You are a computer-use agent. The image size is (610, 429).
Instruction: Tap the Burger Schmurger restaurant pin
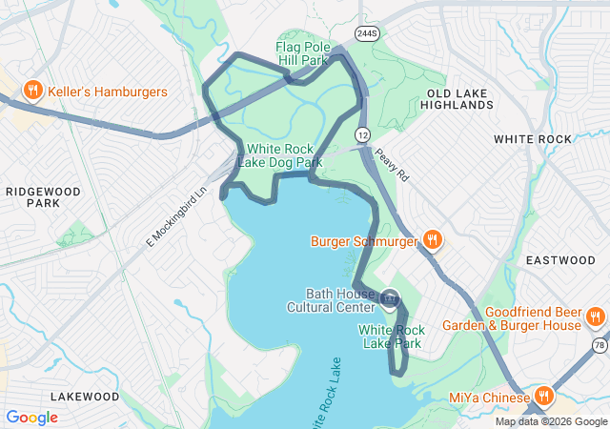(432, 240)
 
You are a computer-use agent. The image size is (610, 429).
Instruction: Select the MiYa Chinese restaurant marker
(543, 397)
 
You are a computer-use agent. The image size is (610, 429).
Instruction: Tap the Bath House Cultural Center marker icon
(390, 299)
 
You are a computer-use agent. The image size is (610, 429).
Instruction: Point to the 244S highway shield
(367, 33)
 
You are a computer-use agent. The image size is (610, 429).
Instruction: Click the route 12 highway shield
(363, 134)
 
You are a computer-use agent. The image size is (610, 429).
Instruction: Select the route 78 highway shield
(599, 344)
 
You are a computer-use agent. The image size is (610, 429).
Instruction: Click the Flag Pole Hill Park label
(302, 53)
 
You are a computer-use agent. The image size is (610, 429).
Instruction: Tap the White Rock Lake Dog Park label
(285, 155)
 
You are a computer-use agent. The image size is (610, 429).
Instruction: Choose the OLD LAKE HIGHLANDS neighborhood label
(459, 98)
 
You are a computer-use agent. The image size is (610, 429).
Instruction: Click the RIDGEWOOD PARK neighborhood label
(44, 196)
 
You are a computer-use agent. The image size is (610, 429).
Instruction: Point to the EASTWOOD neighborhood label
(560, 260)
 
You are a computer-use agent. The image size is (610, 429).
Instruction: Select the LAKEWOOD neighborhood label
(85, 396)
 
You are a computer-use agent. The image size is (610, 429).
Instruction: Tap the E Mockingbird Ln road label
(177, 218)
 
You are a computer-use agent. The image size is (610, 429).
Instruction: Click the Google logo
(31, 418)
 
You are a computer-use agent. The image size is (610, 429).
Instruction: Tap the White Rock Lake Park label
(390, 337)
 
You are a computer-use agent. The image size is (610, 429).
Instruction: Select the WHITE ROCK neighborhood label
(533, 139)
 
